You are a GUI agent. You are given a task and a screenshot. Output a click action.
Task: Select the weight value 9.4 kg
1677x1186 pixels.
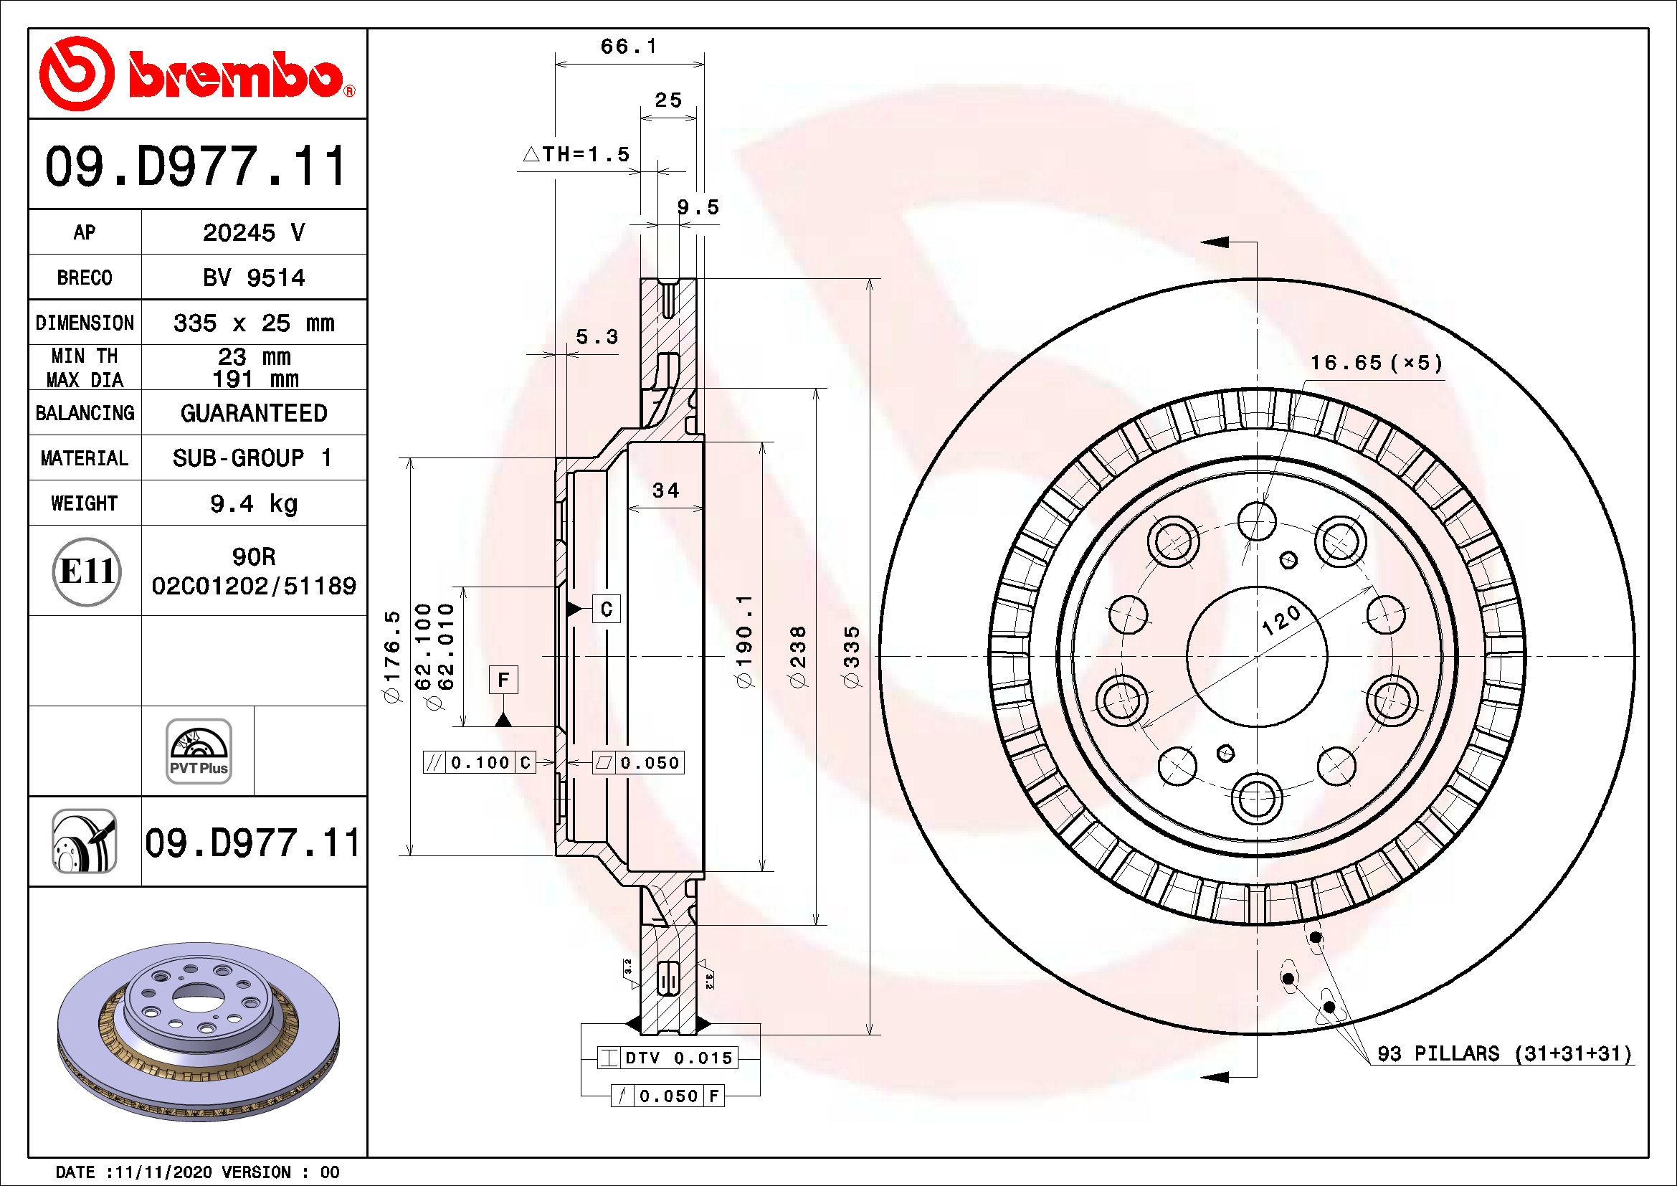(x=253, y=503)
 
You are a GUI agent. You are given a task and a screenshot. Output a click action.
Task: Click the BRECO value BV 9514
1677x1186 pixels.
(x=253, y=277)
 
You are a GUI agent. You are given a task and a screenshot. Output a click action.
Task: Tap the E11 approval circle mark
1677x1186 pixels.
(x=86, y=571)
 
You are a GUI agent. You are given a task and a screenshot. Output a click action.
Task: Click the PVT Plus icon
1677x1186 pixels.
(x=199, y=751)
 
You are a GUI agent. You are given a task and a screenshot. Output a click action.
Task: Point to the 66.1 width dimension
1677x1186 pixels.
(x=628, y=47)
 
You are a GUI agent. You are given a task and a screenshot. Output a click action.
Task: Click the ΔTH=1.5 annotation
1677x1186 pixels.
(x=577, y=154)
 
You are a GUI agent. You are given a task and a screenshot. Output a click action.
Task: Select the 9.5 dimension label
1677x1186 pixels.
(x=698, y=207)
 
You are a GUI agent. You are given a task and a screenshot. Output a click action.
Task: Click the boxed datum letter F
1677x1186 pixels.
(x=503, y=680)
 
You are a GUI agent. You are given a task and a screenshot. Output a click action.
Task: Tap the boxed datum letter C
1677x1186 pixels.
(x=607, y=609)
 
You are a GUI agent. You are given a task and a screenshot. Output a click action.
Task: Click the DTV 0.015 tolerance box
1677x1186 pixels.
(x=668, y=1058)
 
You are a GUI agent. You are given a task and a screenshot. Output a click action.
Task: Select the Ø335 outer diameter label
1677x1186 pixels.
(x=852, y=656)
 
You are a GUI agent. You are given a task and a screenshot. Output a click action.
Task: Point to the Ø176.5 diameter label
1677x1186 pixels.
(x=392, y=656)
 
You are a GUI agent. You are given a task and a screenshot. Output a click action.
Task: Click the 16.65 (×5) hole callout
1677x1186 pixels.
(x=1375, y=363)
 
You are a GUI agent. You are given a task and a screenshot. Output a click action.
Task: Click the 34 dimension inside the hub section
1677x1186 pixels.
(x=665, y=490)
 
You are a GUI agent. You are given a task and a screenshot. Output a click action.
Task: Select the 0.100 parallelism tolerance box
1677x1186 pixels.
(x=479, y=762)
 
